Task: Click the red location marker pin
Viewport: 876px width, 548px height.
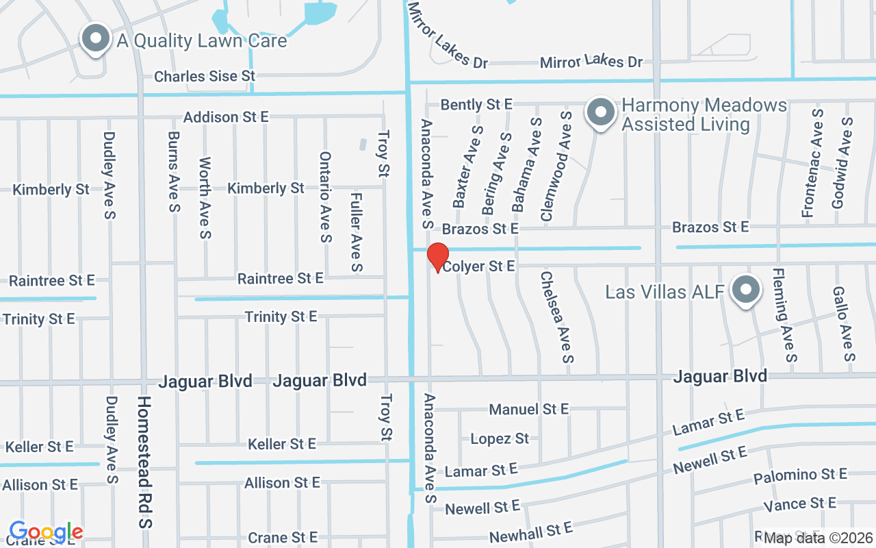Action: (x=438, y=257)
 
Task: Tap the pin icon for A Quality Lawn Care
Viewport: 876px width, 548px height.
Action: (x=96, y=38)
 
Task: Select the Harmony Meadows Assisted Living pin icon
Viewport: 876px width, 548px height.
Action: (x=601, y=112)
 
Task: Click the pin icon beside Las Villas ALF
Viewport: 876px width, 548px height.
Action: (x=746, y=290)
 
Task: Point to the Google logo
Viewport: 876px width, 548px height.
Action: (x=46, y=532)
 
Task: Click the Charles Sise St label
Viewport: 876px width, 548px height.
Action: (x=204, y=76)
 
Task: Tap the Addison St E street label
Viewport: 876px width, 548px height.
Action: (x=226, y=117)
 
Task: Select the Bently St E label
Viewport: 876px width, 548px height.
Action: (x=476, y=105)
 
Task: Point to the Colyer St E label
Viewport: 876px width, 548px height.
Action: (x=478, y=266)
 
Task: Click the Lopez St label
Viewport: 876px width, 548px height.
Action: (x=500, y=438)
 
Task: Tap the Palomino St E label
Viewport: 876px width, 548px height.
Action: (x=800, y=475)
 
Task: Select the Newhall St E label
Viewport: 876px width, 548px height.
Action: (x=530, y=532)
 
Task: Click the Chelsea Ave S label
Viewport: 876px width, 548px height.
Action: (x=556, y=316)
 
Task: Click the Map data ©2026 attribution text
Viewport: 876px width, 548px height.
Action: (x=819, y=538)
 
